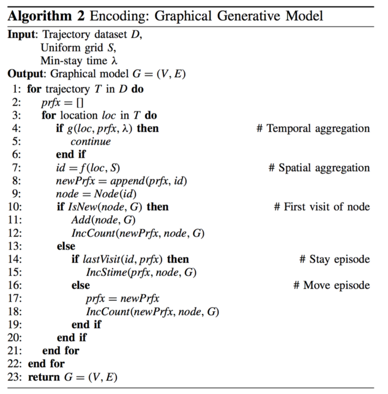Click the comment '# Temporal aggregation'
[313, 128]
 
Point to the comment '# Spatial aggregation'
[319, 168]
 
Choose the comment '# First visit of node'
[322, 207]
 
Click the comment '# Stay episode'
[334, 259]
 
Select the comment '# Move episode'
[331, 285]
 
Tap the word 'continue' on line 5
[91, 142]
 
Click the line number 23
[15, 377]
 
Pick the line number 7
[17, 168]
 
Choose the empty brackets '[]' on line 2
[79, 103]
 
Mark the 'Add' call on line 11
[78, 220]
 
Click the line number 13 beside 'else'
[15, 246]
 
